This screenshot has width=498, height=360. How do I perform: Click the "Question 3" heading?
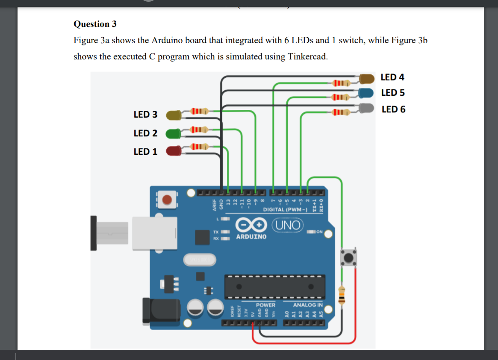pyautogui.click(x=95, y=24)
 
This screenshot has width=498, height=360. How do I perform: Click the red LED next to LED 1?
pyautogui.click(x=174, y=151)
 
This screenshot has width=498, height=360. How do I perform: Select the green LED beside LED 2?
pyautogui.click(x=173, y=133)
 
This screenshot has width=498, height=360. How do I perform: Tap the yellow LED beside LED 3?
pyautogui.click(x=174, y=115)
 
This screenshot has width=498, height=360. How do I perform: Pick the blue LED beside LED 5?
pyautogui.click(x=367, y=93)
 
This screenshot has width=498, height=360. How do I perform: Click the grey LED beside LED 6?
pyautogui.click(x=367, y=108)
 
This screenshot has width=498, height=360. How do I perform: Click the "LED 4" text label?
pyautogui.click(x=392, y=77)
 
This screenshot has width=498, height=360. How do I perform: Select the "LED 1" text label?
pyautogui.click(x=145, y=152)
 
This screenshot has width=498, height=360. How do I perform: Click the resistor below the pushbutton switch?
pyautogui.click(x=341, y=295)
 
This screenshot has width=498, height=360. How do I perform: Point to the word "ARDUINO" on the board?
pyautogui.click(x=251, y=236)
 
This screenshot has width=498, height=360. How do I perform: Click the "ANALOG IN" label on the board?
pyautogui.click(x=308, y=305)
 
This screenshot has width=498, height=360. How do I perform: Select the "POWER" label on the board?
pyautogui.click(x=265, y=305)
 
